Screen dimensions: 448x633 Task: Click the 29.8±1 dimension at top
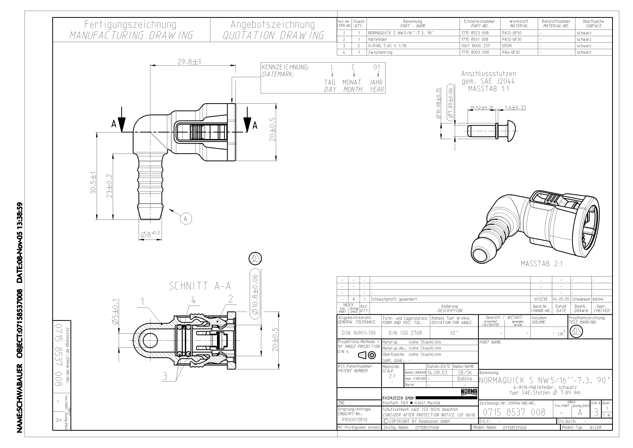coord(189,62)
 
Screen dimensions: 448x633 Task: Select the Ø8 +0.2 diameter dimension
coord(150,235)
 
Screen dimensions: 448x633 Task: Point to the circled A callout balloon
coord(186,219)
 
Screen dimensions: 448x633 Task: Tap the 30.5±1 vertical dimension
coord(93,183)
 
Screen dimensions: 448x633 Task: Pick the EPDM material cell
coord(507,46)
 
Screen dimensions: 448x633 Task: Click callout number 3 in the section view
coord(165,376)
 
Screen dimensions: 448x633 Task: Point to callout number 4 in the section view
coord(194,300)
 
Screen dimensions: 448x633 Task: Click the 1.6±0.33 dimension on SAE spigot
coord(515,108)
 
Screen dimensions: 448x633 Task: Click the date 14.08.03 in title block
coord(437,372)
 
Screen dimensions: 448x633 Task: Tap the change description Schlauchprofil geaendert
coord(394,299)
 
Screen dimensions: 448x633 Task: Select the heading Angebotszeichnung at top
coord(273,25)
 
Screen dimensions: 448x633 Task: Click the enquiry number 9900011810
coord(354,420)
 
